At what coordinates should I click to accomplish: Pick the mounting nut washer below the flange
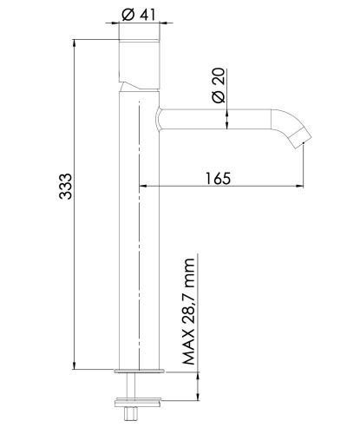(137, 401)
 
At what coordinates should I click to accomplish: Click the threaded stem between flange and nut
(137, 386)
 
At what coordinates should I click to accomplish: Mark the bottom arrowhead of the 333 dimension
(75, 365)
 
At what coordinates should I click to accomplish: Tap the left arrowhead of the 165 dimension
(143, 186)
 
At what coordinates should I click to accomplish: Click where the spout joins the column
(159, 119)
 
